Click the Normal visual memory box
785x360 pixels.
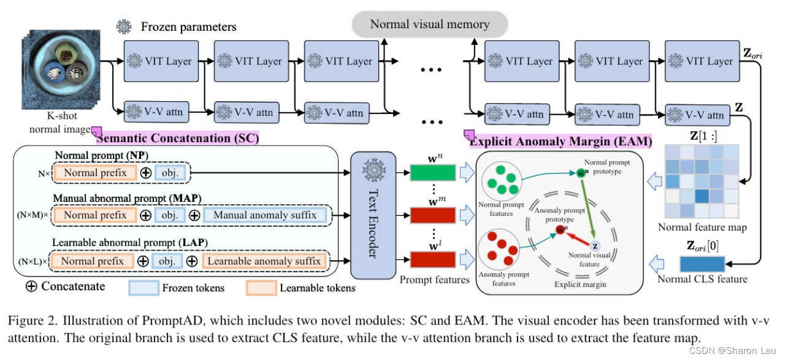(x=429, y=25)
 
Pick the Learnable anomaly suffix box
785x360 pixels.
(x=264, y=261)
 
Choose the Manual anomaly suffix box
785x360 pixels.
(x=266, y=215)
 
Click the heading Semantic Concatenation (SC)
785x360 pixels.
(x=177, y=139)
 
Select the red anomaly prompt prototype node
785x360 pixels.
(x=559, y=231)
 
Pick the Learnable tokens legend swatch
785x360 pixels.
(x=261, y=287)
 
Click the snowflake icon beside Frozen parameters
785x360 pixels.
(x=124, y=26)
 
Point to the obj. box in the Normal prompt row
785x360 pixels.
(x=172, y=174)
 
